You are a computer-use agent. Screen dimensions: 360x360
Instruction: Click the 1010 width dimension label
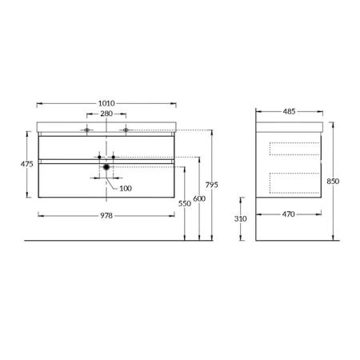click(x=106, y=103)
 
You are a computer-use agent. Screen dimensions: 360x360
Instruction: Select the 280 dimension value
click(x=106, y=114)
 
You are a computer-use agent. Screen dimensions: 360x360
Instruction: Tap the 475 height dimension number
click(x=27, y=164)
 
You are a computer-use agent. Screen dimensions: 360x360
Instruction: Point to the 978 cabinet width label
click(x=106, y=215)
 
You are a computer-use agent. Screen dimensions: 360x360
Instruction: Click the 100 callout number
click(x=126, y=189)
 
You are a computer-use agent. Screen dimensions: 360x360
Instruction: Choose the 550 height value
click(x=185, y=203)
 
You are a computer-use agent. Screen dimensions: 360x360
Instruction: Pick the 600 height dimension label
click(x=199, y=198)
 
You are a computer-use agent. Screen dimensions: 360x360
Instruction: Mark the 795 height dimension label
click(x=212, y=185)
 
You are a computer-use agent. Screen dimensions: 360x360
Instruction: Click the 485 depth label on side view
click(x=289, y=111)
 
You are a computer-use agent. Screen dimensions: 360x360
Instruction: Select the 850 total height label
click(x=333, y=182)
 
